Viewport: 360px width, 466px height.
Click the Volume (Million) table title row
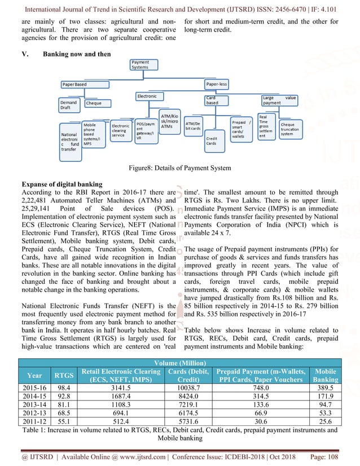pos(179,363)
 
